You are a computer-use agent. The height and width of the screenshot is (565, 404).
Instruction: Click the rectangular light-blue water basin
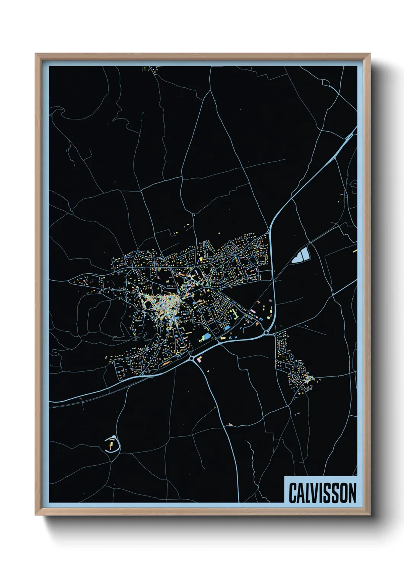pos(304,253)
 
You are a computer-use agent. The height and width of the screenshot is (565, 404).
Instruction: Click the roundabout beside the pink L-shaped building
pos(191,358)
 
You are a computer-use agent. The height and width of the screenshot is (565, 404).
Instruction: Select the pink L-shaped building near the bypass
pos(199,358)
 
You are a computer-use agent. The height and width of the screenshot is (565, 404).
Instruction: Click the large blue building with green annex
pos(206,336)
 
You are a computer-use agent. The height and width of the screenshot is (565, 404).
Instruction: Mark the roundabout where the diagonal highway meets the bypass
pos(266,333)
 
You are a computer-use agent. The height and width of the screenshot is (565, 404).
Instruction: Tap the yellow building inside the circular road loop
pos(112,444)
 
